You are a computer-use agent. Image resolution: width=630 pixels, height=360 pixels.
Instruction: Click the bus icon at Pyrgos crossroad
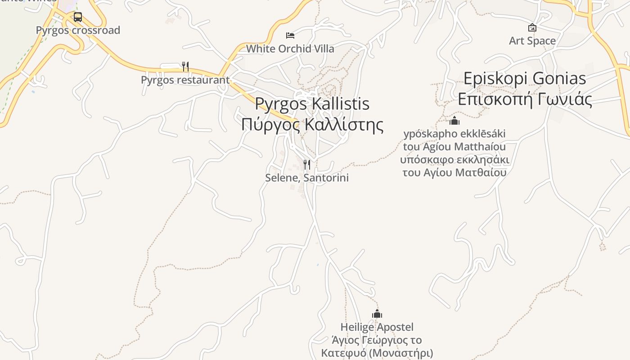click(x=78, y=17)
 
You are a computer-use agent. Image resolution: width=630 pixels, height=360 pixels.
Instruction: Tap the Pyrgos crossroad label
click(x=78, y=30)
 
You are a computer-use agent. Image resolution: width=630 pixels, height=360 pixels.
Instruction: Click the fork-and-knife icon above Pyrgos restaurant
click(x=185, y=67)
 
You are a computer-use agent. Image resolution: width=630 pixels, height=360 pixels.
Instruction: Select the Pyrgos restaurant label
click(x=185, y=80)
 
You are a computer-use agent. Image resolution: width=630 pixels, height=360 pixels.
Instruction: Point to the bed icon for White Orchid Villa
click(x=290, y=35)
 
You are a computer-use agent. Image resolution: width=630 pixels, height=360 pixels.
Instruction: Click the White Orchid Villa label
click(x=290, y=49)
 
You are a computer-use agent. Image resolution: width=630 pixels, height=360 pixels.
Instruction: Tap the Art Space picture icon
click(x=532, y=27)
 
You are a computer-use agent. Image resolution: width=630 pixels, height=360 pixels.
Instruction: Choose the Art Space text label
click(x=532, y=41)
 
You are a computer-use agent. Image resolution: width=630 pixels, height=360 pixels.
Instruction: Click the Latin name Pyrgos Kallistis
click(x=312, y=104)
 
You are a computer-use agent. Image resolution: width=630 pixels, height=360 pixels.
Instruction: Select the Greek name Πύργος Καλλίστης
click(x=312, y=125)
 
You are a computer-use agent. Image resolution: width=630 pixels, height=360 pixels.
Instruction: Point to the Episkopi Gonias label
click(x=525, y=79)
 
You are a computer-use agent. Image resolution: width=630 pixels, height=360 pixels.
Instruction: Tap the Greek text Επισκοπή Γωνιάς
click(x=525, y=99)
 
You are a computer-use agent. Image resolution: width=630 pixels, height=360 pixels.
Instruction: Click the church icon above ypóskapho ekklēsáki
click(x=454, y=121)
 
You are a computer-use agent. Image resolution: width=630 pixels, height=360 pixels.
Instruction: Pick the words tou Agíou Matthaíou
click(x=454, y=147)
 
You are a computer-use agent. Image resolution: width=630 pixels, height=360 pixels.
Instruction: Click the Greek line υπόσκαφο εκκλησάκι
click(x=454, y=160)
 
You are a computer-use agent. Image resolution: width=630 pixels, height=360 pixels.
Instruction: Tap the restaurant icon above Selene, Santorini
click(x=307, y=165)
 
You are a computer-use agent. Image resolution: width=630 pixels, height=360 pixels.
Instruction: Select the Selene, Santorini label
click(x=307, y=178)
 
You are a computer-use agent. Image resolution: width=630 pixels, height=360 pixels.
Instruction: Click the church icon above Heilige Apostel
click(x=377, y=314)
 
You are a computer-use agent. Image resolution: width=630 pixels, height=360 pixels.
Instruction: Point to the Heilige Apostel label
click(x=377, y=327)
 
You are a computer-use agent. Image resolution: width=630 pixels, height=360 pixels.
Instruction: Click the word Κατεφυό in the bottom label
click(x=343, y=353)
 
